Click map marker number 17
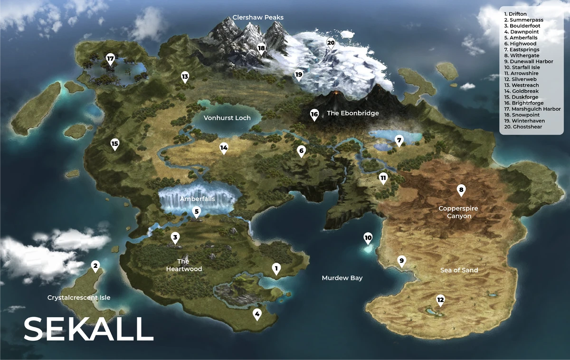(111, 59)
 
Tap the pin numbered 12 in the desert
(440, 299)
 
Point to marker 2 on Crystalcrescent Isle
(95, 265)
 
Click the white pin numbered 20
(331, 43)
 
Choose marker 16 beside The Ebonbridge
(314, 114)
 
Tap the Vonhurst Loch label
(227, 118)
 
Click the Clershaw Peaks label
(258, 18)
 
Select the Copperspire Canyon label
(458, 212)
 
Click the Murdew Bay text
(342, 278)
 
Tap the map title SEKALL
(88, 329)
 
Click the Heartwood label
(184, 265)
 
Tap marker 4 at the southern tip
(257, 313)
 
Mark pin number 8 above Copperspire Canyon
(461, 190)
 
